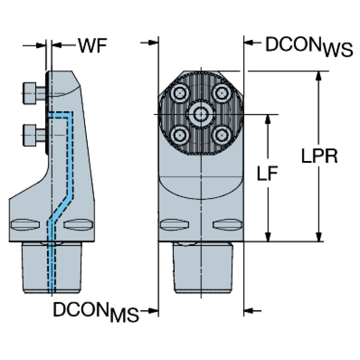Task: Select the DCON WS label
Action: pyautogui.click(x=309, y=47)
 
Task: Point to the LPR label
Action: pyautogui.click(x=319, y=156)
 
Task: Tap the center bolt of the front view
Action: pyautogui.click(x=201, y=114)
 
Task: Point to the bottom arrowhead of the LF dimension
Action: pyautogui.click(x=268, y=237)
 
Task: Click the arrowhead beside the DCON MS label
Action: pyautogui.click(x=152, y=311)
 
